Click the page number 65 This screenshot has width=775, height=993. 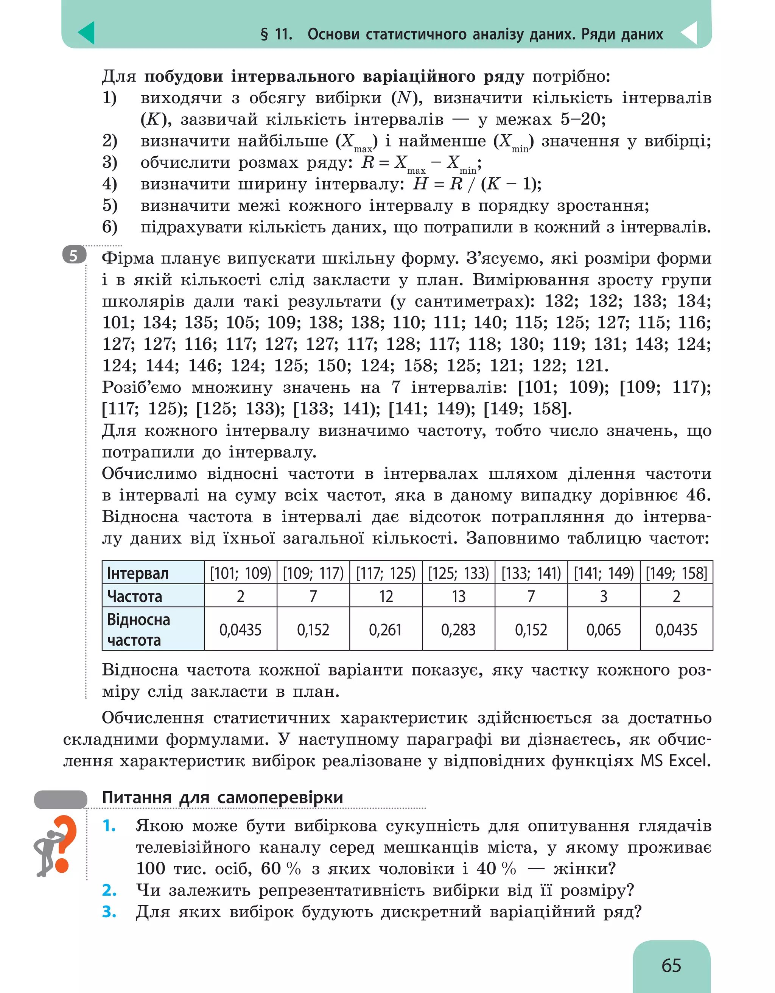pyautogui.click(x=671, y=965)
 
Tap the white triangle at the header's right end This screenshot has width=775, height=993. pyautogui.click(x=689, y=33)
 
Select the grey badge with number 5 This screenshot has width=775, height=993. pyautogui.click(x=74, y=256)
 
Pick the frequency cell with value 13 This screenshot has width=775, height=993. pyautogui.click(x=458, y=596)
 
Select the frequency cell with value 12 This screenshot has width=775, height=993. pyautogui.click(x=386, y=596)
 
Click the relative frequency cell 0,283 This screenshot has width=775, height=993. pyautogui.click(x=458, y=630)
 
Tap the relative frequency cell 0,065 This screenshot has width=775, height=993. pyautogui.click(x=603, y=630)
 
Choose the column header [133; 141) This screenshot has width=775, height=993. pyautogui.click(x=531, y=573)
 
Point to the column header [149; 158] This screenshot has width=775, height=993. pyautogui.click(x=676, y=573)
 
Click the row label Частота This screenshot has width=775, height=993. pyautogui.click(x=135, y=596)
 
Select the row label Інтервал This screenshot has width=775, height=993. pyautogui.click(x=138, y=573)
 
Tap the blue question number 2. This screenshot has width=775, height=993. pyautogui.click(x=109, y=890)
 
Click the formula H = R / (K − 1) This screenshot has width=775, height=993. pyautogui.click(x=477, y=184)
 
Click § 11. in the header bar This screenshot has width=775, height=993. pyautogui.click(x=276, y=34)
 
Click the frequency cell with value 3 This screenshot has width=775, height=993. pyautogui.click(x=603, y=596)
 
